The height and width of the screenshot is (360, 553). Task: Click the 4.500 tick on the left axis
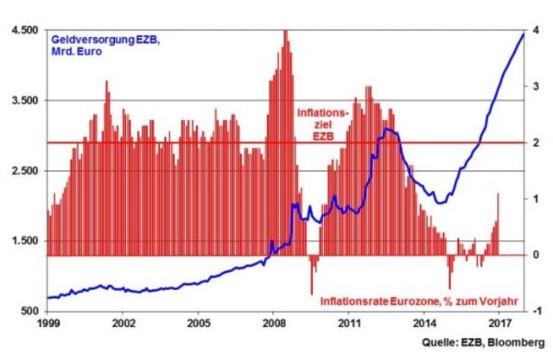(x=24, y=30)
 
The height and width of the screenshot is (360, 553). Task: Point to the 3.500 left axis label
(x=24, y=100)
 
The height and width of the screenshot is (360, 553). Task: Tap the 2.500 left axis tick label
(x=24, y=171)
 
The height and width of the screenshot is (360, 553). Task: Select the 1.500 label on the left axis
(x=24, y=241)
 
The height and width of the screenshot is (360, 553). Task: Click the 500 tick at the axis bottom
(x=29, y=311)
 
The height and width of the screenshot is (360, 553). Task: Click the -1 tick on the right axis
(x=537, y=311)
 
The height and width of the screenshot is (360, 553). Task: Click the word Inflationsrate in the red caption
(x=354, y=301)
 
